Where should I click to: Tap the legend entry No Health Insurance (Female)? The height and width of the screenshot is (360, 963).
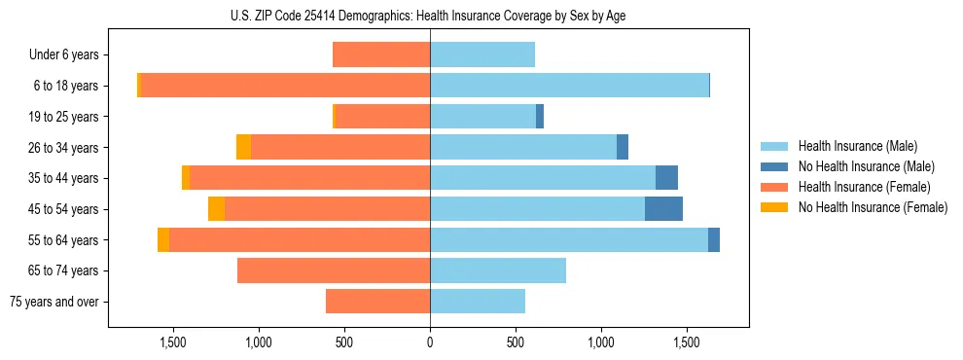873,207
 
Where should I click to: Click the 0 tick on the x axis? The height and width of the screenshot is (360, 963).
430,342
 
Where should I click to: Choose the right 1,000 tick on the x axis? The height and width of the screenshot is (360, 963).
601,342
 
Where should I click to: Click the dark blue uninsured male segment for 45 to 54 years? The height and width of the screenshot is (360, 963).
663,209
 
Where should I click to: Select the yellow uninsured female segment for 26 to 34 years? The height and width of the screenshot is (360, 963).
243,147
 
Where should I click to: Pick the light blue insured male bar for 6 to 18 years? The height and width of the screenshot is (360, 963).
569,86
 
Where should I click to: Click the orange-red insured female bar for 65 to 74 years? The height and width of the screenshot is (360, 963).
334,270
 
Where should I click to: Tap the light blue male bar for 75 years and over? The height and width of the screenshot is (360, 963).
478,302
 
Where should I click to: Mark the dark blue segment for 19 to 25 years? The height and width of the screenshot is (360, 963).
540,117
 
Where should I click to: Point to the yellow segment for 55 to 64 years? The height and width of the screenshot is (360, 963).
163,240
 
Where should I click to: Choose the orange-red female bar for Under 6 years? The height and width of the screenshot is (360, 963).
381,55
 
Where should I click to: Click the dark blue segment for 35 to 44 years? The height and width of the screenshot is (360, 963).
666,178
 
